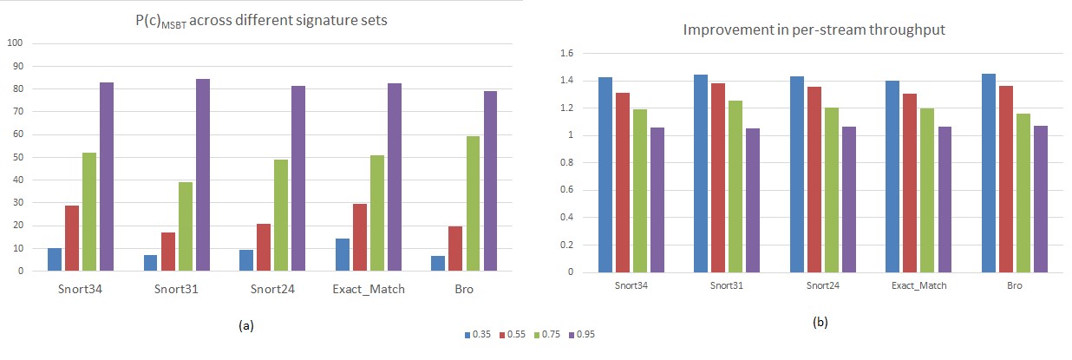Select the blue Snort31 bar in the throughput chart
point(700,173)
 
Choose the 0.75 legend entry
point(549,334)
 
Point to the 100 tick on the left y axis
point(16,43)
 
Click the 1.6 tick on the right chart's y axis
point(567,53)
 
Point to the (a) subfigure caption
point(245,326)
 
